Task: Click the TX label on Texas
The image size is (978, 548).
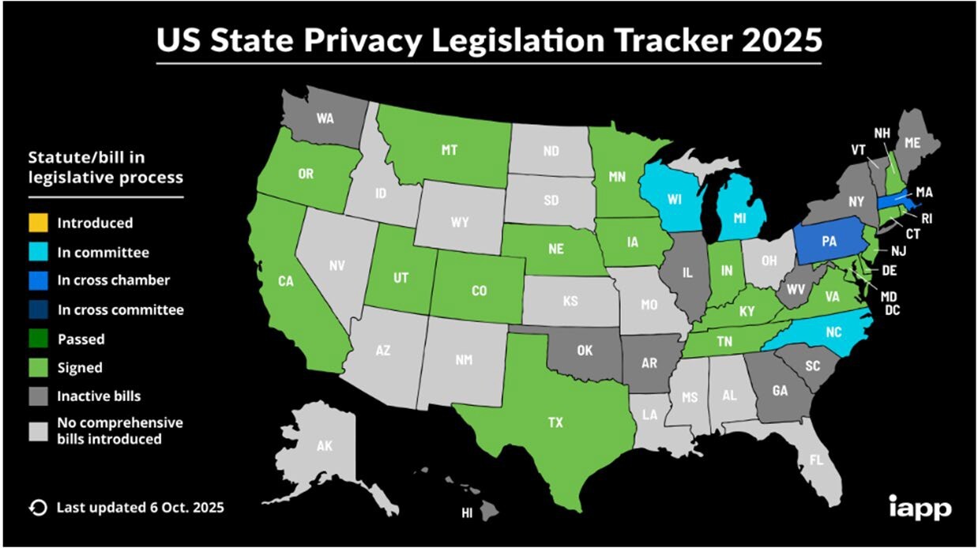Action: coord(555,422)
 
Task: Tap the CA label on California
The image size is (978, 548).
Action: coord(286,280)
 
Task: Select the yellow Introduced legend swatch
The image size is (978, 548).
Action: coord(38,223)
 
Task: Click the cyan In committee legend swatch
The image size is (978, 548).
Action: coord(38,253)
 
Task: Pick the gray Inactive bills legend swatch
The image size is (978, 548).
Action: coord(38,396)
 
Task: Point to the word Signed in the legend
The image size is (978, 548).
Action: coord(80,367)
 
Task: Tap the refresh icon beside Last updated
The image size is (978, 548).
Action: coord(36,507)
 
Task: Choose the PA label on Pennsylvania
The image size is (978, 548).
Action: coord(829,242)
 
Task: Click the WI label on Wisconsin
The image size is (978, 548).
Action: coord(674,199)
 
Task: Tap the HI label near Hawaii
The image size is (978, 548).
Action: coord(467,514)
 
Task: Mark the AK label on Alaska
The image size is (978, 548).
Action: coord(325,446)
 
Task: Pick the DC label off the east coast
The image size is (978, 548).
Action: coord(893,310)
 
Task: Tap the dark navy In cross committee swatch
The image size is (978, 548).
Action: coord(38,310)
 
